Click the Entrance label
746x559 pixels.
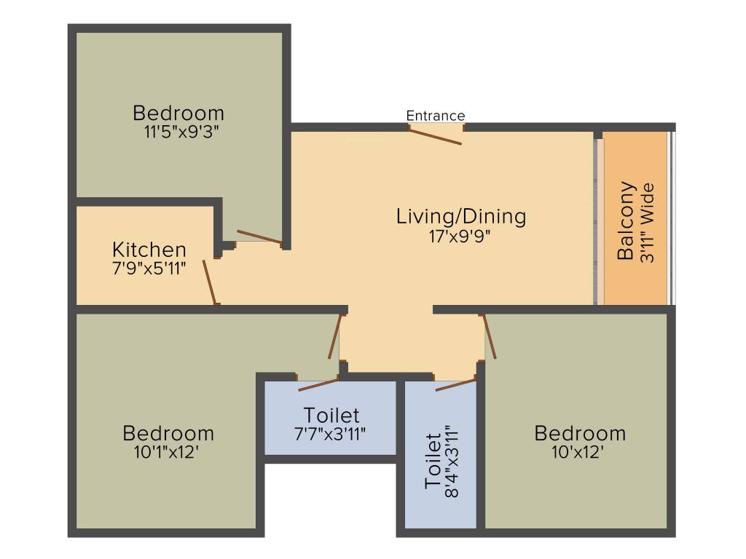coord(436,116)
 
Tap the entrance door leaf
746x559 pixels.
coord(436,135)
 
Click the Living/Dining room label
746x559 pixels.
coord(461,216)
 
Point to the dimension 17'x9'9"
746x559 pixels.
coord(459,237)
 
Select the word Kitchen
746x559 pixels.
coord(149,250)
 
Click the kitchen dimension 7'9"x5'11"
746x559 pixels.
coord(149,269)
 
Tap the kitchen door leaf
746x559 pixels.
coord(211,282)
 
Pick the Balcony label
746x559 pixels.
coord(626,221)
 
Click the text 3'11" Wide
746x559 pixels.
coord(648,223)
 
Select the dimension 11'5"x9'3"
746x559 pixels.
coord(181,132)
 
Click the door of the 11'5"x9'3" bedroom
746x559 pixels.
coord(260,237)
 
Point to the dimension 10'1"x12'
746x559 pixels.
coord(166,452)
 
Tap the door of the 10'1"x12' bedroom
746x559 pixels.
coord(335,336)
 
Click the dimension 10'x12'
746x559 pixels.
coord(578,452)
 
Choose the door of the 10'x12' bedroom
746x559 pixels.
coord(490,336)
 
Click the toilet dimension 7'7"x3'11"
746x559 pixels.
coord(330,434)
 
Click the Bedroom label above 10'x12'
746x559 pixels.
coord(579,434)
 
